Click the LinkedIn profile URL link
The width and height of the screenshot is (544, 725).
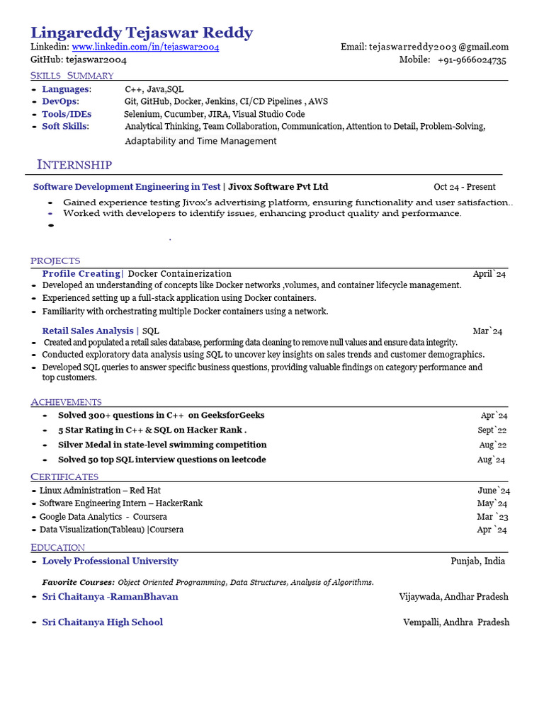[145, 47]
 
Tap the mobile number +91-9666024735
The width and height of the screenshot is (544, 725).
[471, 60]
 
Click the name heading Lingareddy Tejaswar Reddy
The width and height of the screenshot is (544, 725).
[141, 32]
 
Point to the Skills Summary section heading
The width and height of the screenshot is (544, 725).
[72, 76]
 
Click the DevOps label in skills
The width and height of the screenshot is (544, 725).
[60, 101]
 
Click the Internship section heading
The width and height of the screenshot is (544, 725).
[74, 165]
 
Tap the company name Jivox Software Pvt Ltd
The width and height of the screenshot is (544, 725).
[278, 187]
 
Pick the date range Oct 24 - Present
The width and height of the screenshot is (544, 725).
[465, 187]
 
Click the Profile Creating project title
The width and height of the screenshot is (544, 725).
[81, 273]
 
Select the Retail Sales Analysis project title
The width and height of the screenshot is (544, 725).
[87, 331]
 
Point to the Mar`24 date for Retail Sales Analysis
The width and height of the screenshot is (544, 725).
[487, 331]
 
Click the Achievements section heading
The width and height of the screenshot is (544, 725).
[66, 402]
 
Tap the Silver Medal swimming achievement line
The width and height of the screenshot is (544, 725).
[162, 445]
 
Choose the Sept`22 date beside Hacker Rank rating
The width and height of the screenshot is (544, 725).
[492, 430]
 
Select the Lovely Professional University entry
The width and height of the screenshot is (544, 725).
[110, 561]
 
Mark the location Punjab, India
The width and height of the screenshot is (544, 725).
[477, 561]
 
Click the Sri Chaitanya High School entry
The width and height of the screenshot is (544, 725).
[102, 622]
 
